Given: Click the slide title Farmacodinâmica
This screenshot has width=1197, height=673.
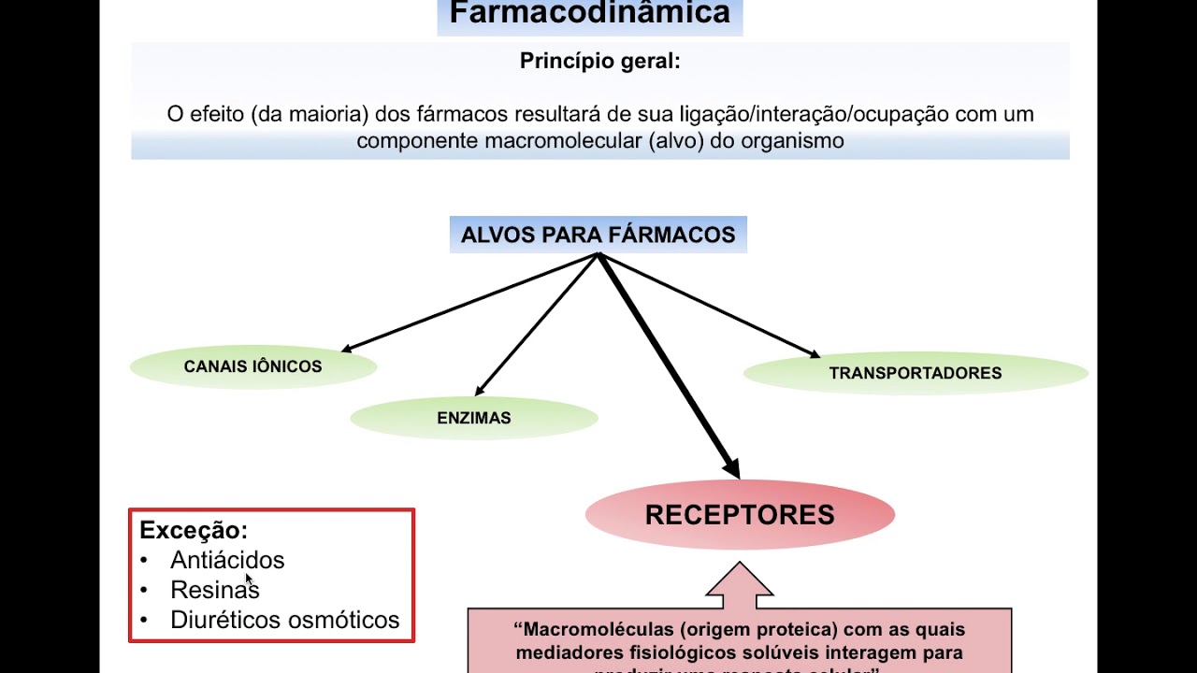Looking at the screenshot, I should [x=589, y=14].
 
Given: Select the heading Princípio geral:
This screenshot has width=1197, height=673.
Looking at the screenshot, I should [x=599, y=62].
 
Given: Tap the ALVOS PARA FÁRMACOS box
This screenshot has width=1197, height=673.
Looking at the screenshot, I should [x=598, y=235].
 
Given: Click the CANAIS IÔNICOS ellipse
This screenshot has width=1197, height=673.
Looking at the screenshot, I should [x=252, y=366].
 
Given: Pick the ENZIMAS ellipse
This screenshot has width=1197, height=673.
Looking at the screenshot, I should [x=474, y=418].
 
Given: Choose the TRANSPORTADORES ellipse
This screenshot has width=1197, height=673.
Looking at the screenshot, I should [x=915, y=373].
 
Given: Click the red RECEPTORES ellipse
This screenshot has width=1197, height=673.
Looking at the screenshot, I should [x=740, y=515].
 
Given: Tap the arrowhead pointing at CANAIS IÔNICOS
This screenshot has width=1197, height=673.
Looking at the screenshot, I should [x=347, y=350].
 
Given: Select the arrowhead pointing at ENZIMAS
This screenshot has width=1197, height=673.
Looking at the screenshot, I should [x=480, y=391].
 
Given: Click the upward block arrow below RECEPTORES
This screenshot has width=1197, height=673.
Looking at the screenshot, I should [x=740, y=584].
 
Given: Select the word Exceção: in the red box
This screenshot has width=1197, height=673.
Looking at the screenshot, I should [x=194, y=531].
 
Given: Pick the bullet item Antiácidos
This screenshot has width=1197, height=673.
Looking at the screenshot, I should [x=227, y=560].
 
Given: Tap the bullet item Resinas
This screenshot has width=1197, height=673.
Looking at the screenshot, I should [x=214, y=590].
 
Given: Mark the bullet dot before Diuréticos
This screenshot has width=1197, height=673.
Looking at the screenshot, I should [x=144, y=620].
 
